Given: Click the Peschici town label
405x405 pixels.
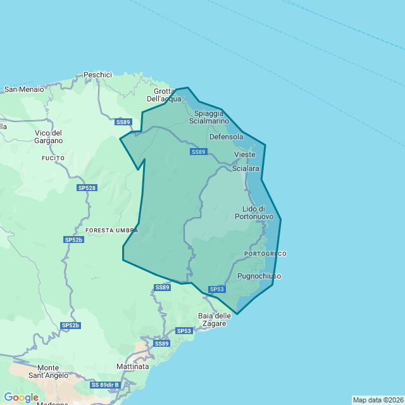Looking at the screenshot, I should [x=97, y=75].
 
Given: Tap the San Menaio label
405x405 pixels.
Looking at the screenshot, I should [x=24, y=89].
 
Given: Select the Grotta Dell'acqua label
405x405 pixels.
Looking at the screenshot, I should [x=164, y=94].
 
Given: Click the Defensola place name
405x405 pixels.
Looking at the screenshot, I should [x=226, y=137].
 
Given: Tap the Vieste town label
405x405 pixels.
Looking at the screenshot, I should [x=245, y=154].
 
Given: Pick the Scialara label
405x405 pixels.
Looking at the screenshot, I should [x=246, y=169].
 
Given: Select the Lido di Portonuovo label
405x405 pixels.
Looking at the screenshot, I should [x=258, y=213].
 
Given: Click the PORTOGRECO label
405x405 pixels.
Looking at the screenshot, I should [x=265, y=254].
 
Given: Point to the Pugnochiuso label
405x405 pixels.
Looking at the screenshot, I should [x=259, y=276].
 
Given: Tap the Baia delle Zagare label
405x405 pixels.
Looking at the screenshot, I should [x=212, y=320].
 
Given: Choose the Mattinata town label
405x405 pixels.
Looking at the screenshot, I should [x=133, y=366].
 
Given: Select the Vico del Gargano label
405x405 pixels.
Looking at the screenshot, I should [x=49, y=137].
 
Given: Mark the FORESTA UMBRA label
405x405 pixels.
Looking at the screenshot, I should [x=111, y=230].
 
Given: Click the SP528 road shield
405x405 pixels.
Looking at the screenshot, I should [x=87, y=188].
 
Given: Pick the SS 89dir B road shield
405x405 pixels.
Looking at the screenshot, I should [x=104, y=385].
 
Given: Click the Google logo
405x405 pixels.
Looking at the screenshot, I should [x=21, y=397].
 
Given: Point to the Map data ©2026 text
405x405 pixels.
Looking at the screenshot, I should [x=378, y=400].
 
